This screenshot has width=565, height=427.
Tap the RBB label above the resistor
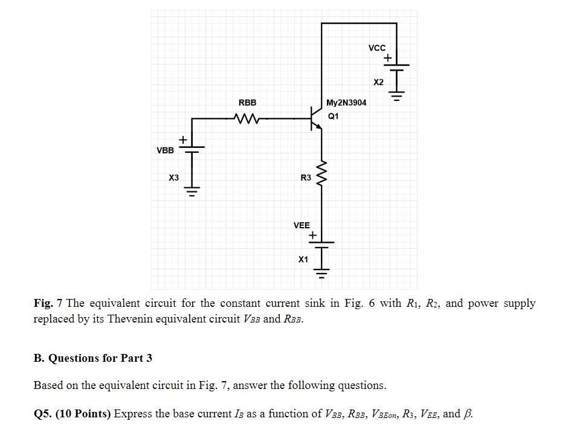[247, 103]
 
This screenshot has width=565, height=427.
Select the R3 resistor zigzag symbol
[321, 175]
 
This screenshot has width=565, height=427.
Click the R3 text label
[306, 178]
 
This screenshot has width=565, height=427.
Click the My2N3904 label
[346, 103]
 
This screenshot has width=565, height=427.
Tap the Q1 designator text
[334, 116]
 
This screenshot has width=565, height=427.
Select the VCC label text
[376, 48]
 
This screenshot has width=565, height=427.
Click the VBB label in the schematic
[165, 150]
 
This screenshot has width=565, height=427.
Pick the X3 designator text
[173, 178]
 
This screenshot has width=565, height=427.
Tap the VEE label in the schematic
[302, 225]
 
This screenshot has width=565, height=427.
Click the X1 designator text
[303, 259]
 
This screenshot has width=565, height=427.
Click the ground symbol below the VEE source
[321, 273]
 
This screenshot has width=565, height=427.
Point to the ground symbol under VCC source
[396, 95]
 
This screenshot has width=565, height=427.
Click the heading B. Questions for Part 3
[93, 358]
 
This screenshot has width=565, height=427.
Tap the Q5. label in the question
[44, 414]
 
